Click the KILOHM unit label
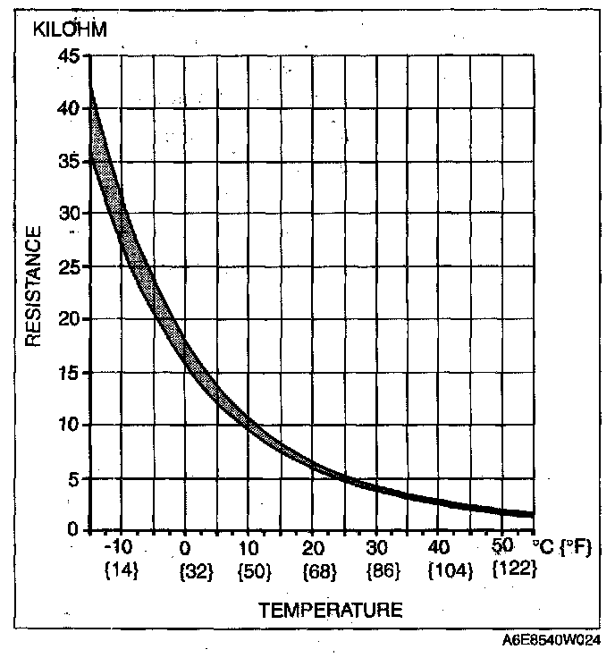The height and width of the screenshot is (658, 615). (x=70, y=30)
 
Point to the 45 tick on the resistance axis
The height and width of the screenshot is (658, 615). (x=68, y=56)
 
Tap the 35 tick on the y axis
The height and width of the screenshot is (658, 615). (x=68, y=162)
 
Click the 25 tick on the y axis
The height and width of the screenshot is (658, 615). (x=68, y=267)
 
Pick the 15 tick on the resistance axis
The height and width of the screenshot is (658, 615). (x=68, y=373)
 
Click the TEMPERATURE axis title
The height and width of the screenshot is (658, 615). (x=331, y=611)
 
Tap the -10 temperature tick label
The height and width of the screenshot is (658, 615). (x=118, y=547)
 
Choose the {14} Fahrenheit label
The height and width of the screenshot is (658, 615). (x=121, y=569)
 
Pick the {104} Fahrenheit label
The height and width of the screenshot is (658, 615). (x=450, y=569)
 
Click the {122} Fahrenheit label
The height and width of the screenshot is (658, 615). (x=514, y=569)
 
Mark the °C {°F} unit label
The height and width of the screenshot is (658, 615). (x=561, y=546)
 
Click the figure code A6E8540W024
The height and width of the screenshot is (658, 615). (x=552, y=640)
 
